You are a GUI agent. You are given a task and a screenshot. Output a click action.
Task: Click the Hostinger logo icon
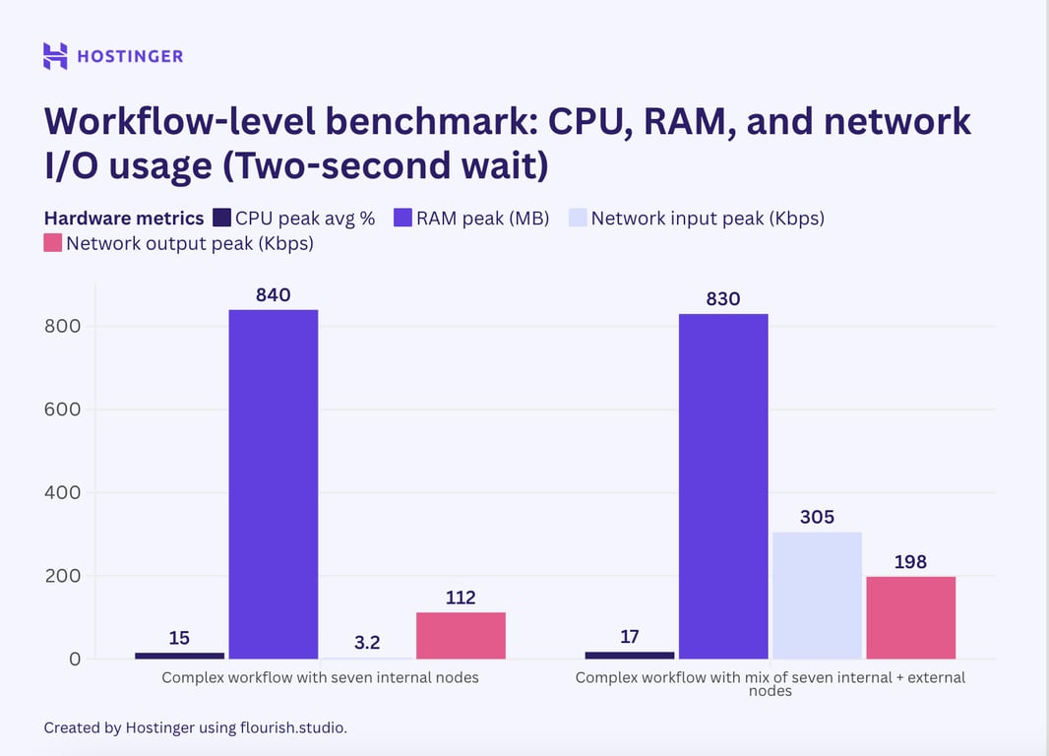click(55, 56)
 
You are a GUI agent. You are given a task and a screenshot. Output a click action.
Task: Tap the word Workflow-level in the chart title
click(166, 121)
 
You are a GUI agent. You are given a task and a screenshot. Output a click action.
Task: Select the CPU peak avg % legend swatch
click(221, 219)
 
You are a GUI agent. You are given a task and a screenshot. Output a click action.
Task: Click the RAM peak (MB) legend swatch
click(402, 219)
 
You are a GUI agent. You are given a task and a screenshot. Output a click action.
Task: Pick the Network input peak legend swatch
click(578, 219)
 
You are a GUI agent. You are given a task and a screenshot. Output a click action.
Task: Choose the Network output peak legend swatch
click(53, 243)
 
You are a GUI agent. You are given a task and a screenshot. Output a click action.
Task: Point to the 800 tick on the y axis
click(62, 326)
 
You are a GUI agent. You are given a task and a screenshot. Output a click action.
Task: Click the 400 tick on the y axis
click(62, 492)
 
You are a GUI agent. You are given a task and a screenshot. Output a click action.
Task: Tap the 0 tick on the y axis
click(75, 659)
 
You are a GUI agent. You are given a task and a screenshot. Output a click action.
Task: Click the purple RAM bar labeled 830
click(723, 486)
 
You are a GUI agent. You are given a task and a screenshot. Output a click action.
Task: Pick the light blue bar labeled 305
click(817, 596)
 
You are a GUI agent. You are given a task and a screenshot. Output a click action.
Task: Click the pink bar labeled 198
click(910, 617)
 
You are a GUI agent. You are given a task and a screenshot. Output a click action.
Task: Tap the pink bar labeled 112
click(461, 636)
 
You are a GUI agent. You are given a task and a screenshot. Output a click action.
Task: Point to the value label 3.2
click(367, 642)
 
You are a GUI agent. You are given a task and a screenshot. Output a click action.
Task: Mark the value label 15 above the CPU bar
click(179, 638)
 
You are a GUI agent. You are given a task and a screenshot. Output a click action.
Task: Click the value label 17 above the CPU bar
click(630, 637)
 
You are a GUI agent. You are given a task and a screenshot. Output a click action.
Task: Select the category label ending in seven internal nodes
click(320, 677)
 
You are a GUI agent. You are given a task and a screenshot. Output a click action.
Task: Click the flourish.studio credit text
click(292, 727)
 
